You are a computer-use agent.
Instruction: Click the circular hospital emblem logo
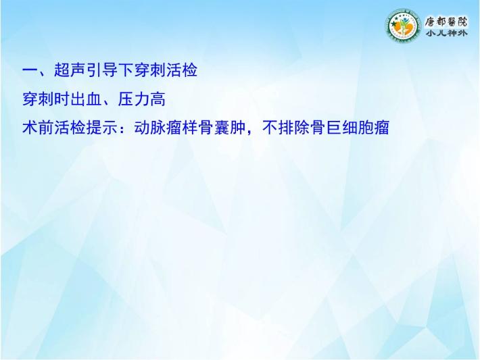[402, 26]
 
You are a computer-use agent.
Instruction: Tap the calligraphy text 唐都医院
[446, 22]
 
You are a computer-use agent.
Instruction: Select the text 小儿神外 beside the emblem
[446, 33]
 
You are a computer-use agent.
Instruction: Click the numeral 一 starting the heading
[30, 70]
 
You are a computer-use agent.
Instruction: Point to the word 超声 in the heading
[70, 70]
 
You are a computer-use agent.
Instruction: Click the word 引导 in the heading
[101, 70]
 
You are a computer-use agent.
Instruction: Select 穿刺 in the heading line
[149, 70]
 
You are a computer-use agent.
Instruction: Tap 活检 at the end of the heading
[182, 70]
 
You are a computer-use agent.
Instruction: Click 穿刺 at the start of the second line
[38, 99]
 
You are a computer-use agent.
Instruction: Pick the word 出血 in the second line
[86, 99]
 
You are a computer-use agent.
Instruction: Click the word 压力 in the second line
[133, 99]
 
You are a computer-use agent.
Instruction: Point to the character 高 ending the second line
[158, 99]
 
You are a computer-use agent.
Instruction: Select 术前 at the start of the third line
[38, 127]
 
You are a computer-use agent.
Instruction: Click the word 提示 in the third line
[101, 127]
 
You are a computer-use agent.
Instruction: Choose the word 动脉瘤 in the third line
[158, 127]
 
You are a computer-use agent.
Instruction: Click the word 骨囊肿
[222, 127]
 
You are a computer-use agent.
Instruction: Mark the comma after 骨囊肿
[250, 132]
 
